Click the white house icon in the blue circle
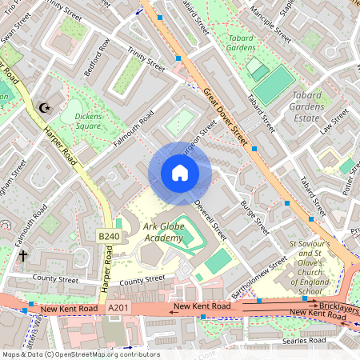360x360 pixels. [179, 173]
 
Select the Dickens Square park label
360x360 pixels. [82, 120]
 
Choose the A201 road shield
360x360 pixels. [117, 308]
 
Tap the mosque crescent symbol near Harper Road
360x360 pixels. [44, 107]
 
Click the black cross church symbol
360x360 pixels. [23, 256]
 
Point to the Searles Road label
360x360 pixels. [304, 342]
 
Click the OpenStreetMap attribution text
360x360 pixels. [80, 354]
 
